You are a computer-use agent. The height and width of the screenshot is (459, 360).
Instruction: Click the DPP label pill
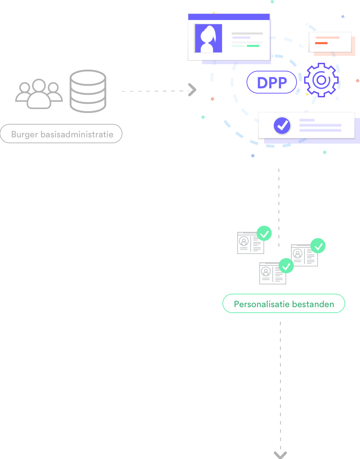(x=272, y=82)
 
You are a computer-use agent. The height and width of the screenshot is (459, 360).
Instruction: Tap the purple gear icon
(x=321, y=80)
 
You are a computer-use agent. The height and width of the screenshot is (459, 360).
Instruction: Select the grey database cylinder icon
(x=88, y=91)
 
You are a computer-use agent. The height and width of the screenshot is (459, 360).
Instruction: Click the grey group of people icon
(x=39, y=94)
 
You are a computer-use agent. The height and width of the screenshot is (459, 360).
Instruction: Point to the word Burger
(x=25, y=135)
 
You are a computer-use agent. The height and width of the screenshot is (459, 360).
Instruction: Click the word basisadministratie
(x=77, y=134)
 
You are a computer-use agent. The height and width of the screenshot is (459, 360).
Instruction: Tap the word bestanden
(x=313, y=304)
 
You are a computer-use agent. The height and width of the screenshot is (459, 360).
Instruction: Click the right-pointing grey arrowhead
(x=192, y=90)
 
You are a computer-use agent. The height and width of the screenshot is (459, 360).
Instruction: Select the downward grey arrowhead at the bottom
(x=280, y=455)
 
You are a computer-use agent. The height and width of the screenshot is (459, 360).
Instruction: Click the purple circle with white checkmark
(x=282, y=126)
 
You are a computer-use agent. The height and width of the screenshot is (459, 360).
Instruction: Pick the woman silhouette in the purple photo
(x=208, y=39)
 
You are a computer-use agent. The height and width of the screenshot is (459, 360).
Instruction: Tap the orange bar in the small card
(x=321, y=43)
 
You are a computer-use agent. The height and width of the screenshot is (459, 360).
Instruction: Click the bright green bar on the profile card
(x=253, y=46)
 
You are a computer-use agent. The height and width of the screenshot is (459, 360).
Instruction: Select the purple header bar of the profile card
(x=229, y=17)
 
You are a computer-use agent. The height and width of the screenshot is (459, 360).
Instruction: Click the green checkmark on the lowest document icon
(x=286, y=266)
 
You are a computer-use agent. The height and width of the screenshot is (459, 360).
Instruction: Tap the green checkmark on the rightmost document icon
(x=318, y=246)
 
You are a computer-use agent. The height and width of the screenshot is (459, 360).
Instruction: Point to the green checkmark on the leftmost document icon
(x=264, y=233)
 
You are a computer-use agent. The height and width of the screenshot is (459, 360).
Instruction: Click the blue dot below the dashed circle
(x=253, y=156)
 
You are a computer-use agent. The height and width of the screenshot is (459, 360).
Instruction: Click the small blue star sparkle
(x=343, y=17)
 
